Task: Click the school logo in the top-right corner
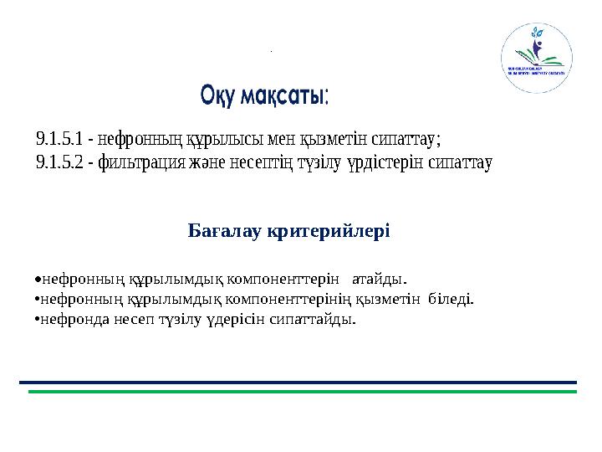click(x=536, y=58)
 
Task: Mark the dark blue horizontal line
click(x=298, y=383)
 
